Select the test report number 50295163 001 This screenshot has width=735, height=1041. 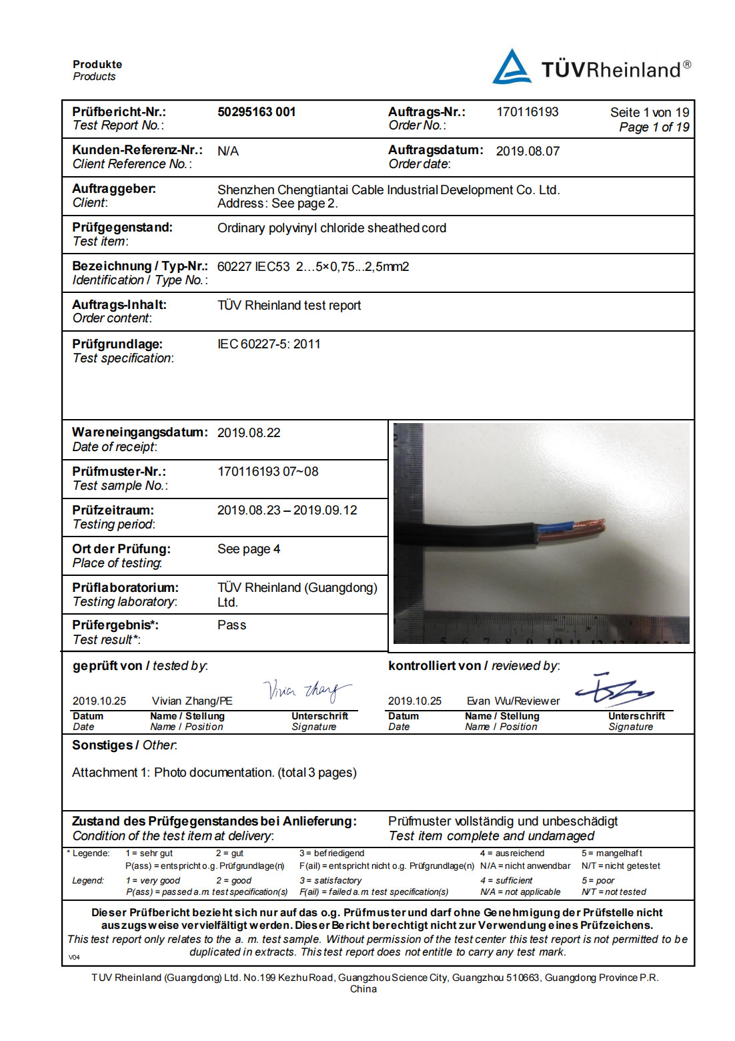click(x=256, y=112)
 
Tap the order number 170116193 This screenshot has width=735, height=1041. click(x=527, y=112)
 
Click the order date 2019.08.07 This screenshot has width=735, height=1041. click(x=528, y=151)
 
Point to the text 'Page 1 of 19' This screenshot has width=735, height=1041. click(x=654, y=127)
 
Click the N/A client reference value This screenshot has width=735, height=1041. click(x=228, y=151)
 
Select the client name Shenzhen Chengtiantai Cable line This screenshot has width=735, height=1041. click(x=388, y=190)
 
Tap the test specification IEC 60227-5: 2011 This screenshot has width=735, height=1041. click(x=269, y=344)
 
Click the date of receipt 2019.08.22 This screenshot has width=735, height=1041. click(x=249, y=433)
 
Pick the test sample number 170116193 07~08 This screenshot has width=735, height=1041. click(x=267, y=472)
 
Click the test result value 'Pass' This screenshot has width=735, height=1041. click(x=231, y=625)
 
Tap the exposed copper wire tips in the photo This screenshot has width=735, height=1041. click(x=591, y=527)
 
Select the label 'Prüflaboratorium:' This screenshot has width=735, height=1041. click(x=125, y=588)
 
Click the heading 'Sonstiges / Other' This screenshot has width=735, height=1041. click(x=125, y=745)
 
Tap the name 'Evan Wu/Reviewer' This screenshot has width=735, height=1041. click(x=513, y=701)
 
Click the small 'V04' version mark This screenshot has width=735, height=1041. click(x=74, y=958)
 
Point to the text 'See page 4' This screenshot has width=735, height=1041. click(x=249, y=549)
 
